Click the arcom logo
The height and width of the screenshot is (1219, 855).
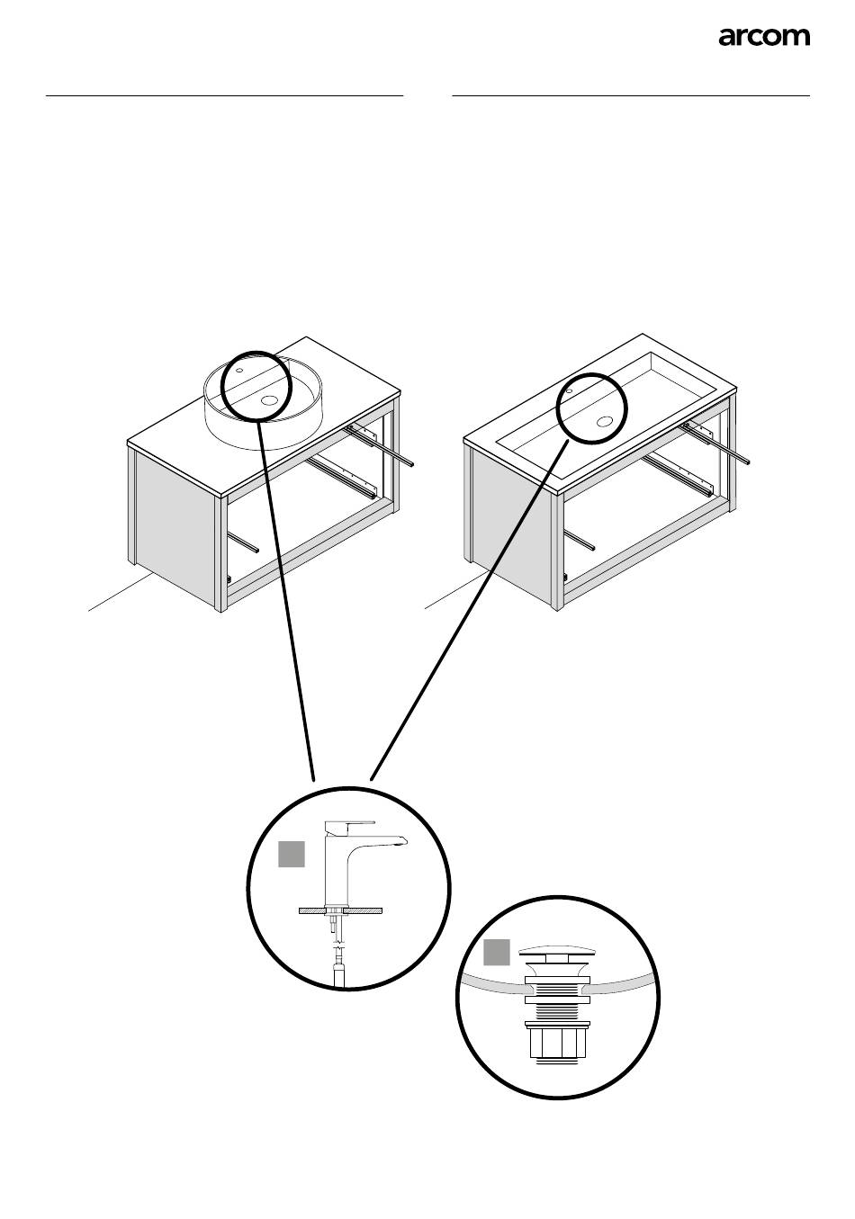[x=764, y=37]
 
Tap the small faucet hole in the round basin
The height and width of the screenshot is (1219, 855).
[x=240, y=368]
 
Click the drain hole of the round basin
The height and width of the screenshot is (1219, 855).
[x=269, y=401]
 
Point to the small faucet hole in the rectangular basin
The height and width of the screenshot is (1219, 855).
[x=570, y=391]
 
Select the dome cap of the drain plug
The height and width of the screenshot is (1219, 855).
[x=554, y=955]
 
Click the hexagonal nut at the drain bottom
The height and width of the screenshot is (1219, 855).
[x=553, y=1044]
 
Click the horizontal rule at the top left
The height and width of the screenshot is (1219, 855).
[x=224, y=94]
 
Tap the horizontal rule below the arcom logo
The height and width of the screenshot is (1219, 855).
[x=631, y=94]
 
